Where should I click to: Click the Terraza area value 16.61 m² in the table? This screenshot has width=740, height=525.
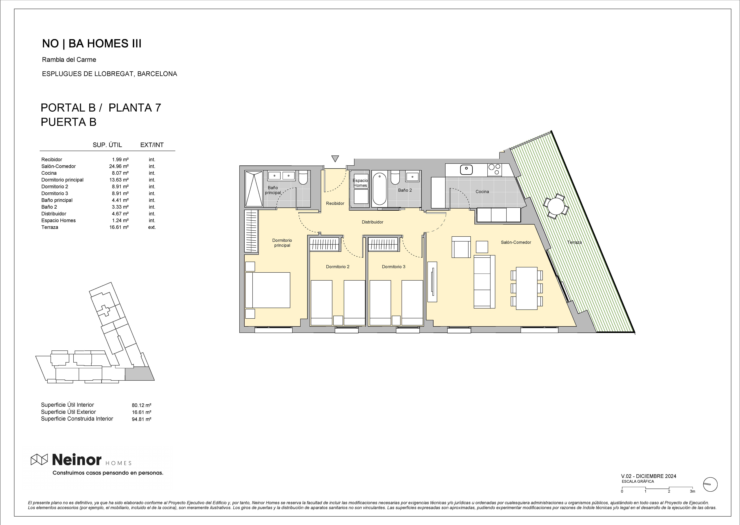(119, 227)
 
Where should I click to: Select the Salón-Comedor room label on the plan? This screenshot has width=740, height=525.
(516, 242)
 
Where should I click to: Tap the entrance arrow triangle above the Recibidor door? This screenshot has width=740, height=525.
(335, 158)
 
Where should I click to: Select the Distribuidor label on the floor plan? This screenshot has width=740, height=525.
(372, 222)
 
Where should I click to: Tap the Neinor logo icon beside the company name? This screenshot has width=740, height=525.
(39, 459)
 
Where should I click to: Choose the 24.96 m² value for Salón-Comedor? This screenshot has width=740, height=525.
(119, 166)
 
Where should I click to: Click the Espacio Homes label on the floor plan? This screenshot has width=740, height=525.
(360, 183)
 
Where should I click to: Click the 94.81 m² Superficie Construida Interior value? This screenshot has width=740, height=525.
(142, 419)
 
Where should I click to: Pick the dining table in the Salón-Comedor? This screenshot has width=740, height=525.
(527, 288)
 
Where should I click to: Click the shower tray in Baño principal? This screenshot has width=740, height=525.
(254, 189)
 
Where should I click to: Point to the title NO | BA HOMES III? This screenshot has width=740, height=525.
(92, 44)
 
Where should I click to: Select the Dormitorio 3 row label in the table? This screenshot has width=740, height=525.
(55, 193)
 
